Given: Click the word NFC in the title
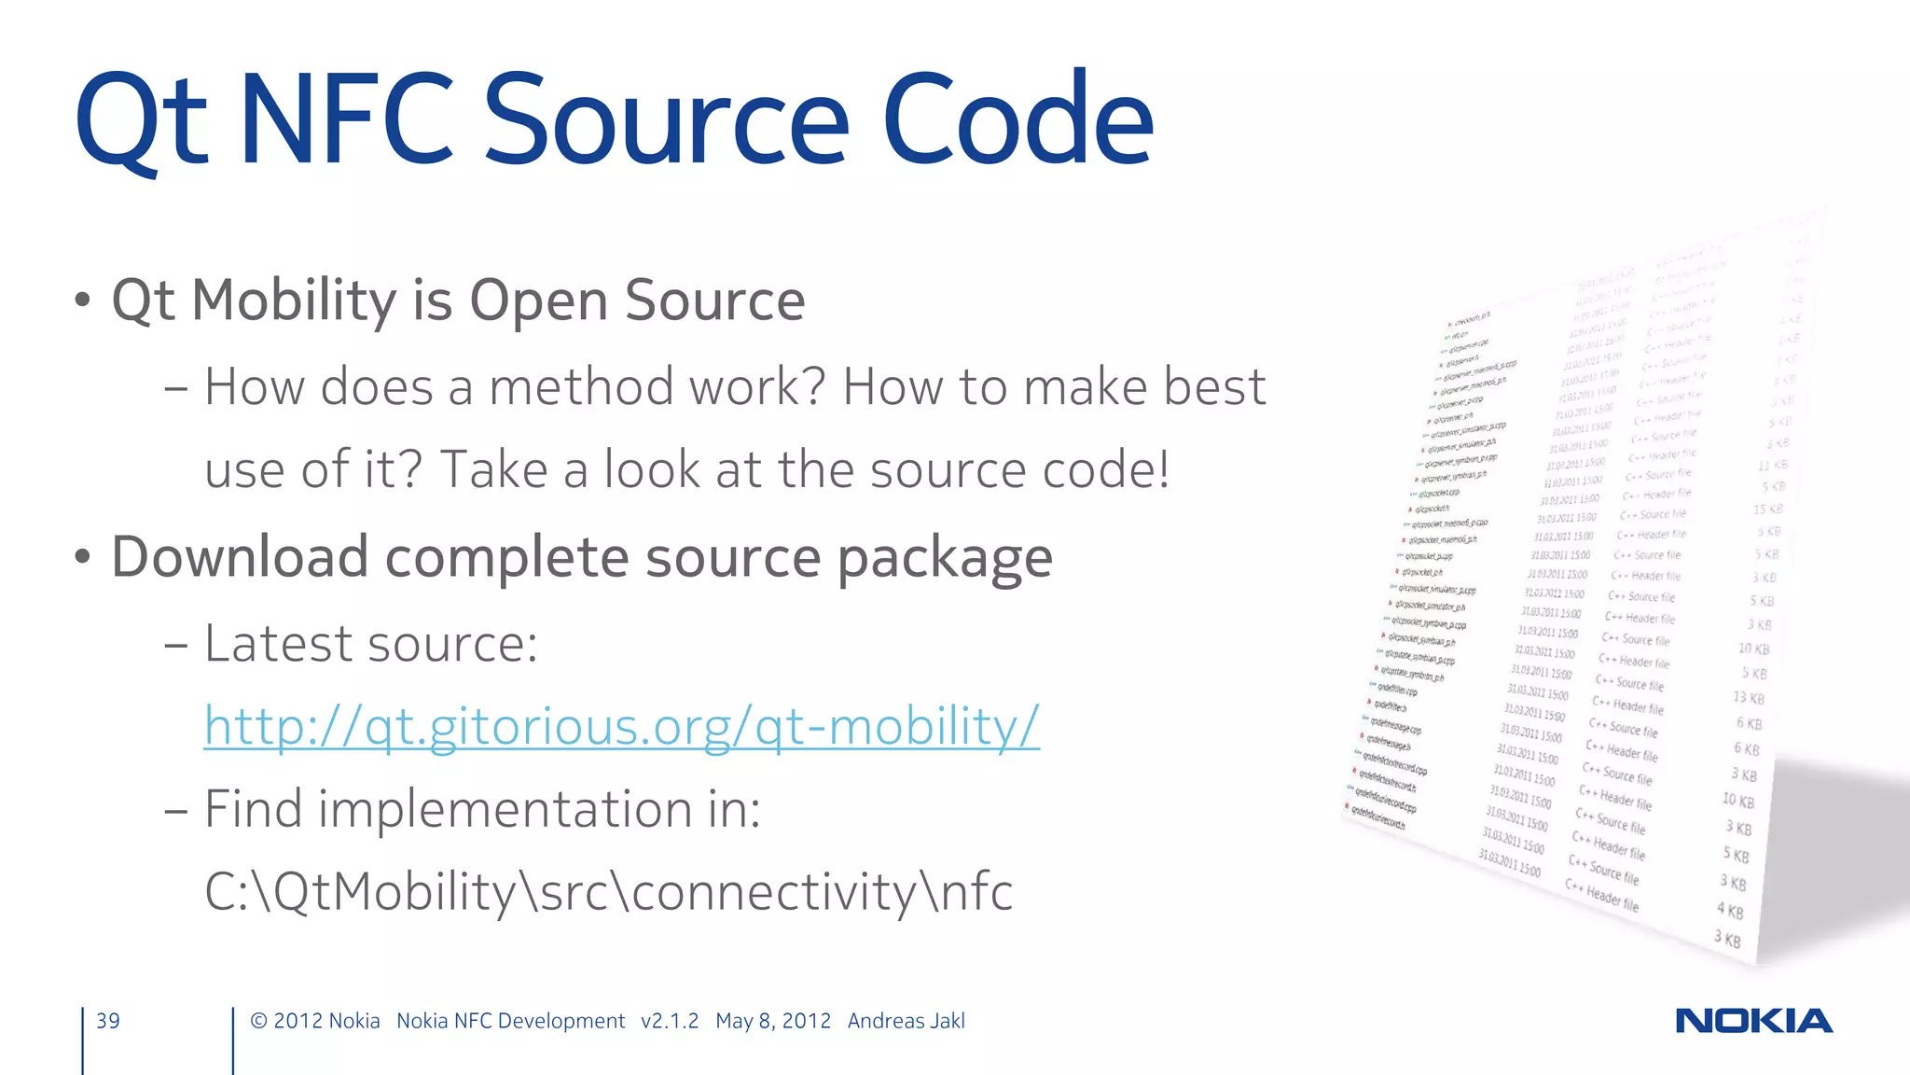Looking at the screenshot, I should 347,121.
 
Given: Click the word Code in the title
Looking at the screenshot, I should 1017,121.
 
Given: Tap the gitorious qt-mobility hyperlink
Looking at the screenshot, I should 621,726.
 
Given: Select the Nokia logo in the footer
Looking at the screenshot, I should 1753,1021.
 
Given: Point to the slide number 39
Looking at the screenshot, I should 108,1021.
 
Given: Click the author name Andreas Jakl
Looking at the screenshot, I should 906,1021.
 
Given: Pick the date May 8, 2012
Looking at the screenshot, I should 772,1021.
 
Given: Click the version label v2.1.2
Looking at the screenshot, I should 669,1021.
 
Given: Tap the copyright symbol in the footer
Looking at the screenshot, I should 258,1021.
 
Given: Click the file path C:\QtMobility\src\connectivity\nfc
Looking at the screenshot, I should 608,892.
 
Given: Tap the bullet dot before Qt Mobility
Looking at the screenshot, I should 83,300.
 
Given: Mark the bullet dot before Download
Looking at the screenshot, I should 83,557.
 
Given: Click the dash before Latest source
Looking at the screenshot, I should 175,645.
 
